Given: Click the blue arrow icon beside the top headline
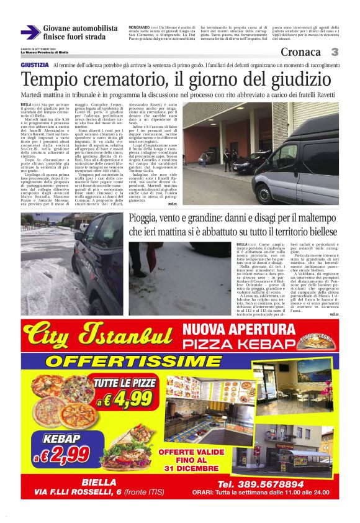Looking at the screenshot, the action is [x=30, y=33].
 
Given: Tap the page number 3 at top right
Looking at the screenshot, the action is [x=335, y=52].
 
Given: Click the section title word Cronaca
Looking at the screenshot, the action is [x=300, y=52].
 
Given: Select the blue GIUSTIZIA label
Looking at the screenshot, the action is [x=35, y=65].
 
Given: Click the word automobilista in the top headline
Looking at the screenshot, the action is [x=93, y=29].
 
